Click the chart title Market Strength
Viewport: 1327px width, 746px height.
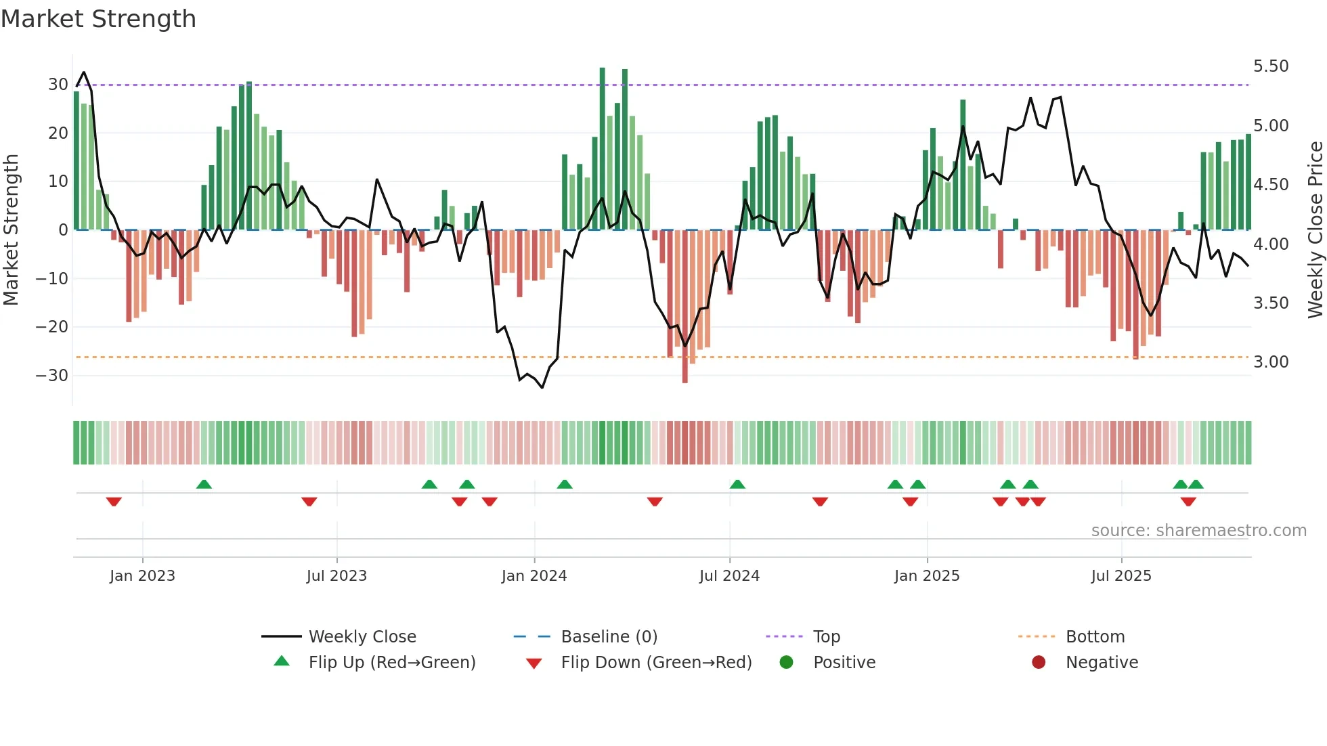[x=98, y=19]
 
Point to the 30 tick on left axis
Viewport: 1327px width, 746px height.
[x=58, y=85]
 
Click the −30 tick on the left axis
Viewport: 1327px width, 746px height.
[x=52, y=376]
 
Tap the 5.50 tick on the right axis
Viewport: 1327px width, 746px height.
[x=1271, y=66]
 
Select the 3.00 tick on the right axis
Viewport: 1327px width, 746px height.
[x=1271, y=362]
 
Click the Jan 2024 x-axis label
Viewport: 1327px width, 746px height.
[x=534, y=576]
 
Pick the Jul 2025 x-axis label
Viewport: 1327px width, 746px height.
[x=1121, y=576]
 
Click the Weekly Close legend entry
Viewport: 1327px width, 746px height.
[x=362, y=637]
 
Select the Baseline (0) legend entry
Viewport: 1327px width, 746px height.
[x=609, y=637]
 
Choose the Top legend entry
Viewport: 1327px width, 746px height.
[x=826, y=637]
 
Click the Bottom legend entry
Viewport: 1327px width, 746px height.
[x=1095, y=637]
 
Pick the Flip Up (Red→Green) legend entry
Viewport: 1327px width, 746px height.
[x=391, y=663]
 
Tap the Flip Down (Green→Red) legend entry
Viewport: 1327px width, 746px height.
[x=656, y=663]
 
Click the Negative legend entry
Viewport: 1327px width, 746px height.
[x=1102, y=663]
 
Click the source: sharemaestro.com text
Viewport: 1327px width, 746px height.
[x=1198, y=531]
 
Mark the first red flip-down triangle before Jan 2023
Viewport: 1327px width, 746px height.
[x=114, y=502]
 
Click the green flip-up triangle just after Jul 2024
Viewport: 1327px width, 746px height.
[x=737, y=484]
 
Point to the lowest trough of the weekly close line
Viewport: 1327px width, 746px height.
[x=542, y=387]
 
